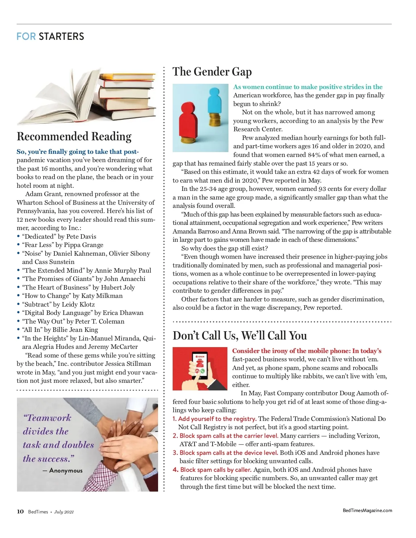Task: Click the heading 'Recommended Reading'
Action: point(74,136)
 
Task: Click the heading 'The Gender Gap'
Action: point(212,72)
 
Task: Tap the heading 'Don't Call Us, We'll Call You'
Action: point(240,336)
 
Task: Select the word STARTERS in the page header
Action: point(61,36)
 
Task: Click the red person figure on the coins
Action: point(188,120)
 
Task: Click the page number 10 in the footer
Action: point(20,512)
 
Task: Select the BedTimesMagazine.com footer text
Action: point(367,510)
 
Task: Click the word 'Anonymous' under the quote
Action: point(66,470)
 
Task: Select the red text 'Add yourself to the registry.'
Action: point(217,419)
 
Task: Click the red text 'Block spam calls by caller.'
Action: point(216,470)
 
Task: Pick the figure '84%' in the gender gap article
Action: point(314,155)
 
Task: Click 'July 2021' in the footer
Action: point(64,512)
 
